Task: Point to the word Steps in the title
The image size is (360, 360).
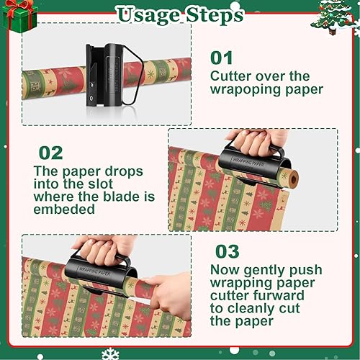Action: (217, 14)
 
